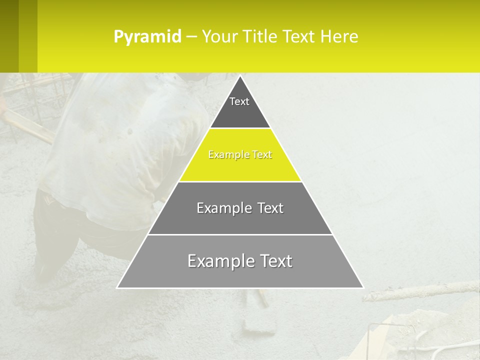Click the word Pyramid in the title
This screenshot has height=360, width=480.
[147, 37]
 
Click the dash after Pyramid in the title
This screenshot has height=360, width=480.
[191, 37]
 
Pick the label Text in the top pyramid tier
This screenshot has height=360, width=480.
[239, 101]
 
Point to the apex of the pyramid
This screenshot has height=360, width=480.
[240, 76]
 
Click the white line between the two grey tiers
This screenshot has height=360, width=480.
[240, 234]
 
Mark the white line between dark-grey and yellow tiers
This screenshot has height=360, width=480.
[240, 128]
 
